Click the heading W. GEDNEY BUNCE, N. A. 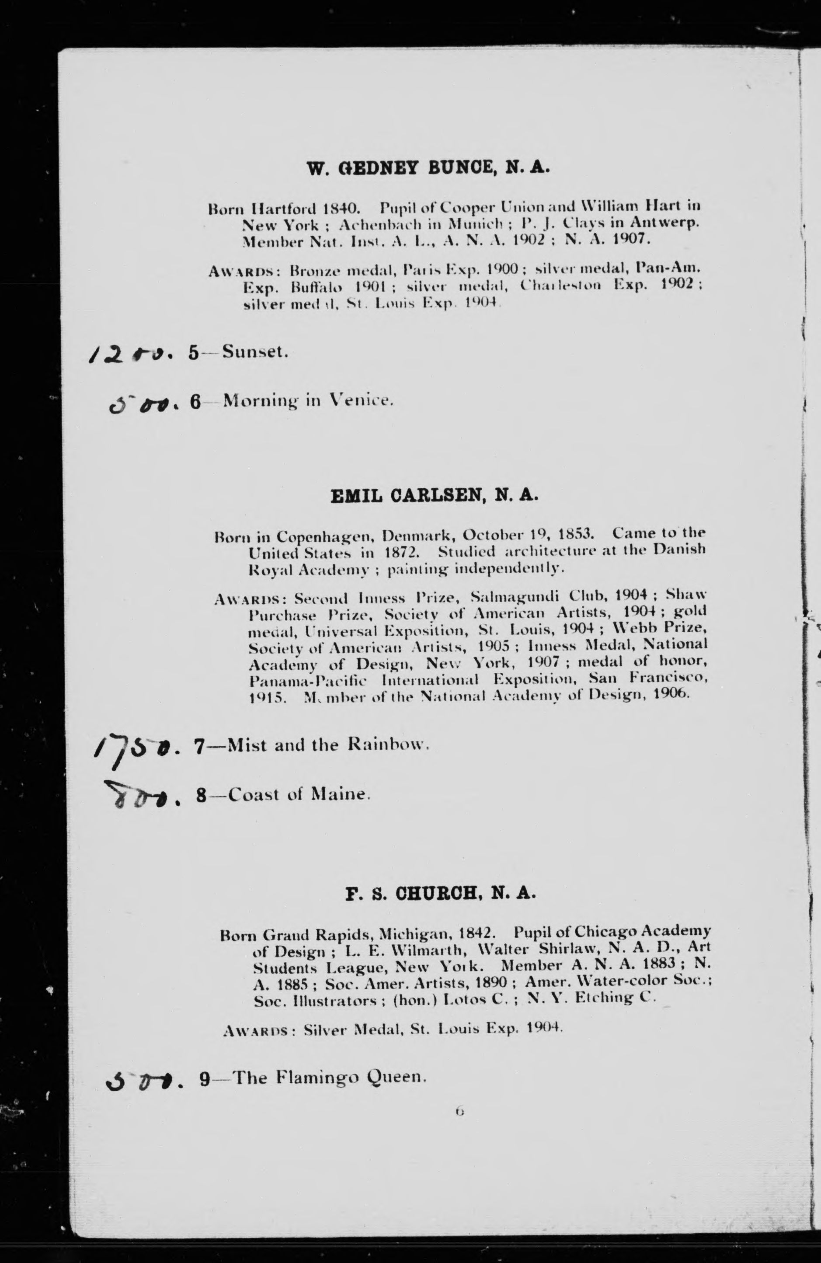(429, 168)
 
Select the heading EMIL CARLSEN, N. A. (434, 496)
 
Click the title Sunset (255, 351)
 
